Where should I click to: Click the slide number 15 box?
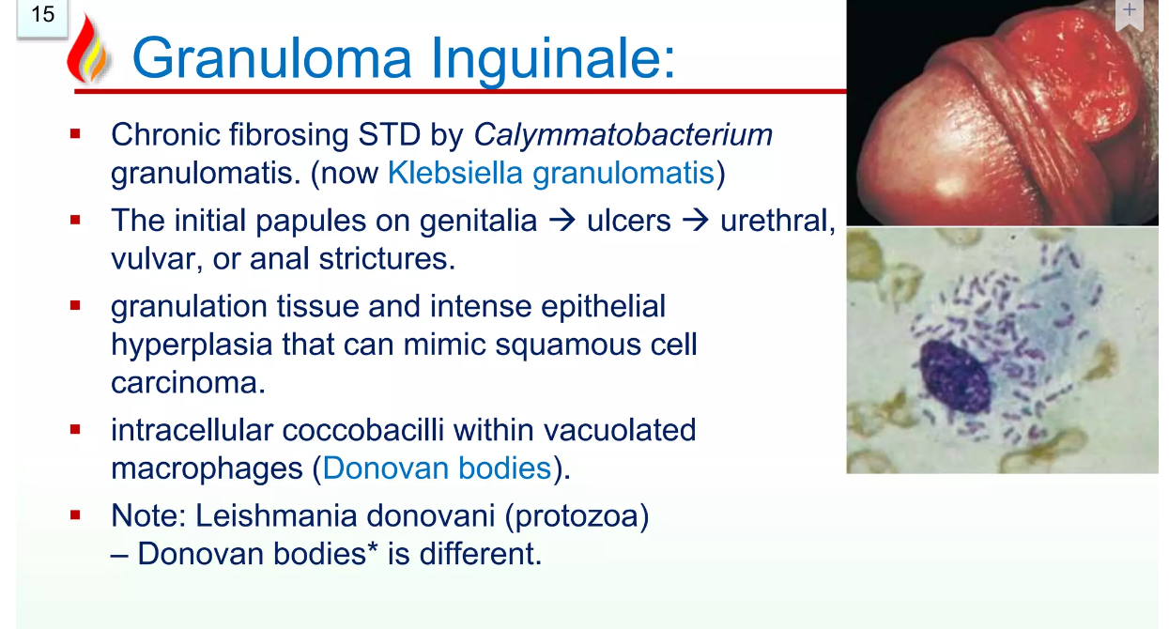(x=42, y=18)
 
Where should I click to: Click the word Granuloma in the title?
(x=272, y=58)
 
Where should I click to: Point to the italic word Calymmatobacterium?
(x=623, y=134)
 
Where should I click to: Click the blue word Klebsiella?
(x=455, y=172)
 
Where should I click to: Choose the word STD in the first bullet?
(x=390, y=134)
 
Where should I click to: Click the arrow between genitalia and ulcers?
(x=562, y=221)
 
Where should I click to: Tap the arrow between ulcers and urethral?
(x=696, y=221)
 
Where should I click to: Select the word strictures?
(x=387, y=258)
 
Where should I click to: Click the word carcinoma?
(x=188, y=383)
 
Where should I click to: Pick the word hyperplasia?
(x=192, y=345)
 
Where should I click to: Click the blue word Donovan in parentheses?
(x=385, y=468)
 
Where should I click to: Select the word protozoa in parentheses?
(x=577, y=515)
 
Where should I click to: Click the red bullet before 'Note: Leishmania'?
(x=75, y=515)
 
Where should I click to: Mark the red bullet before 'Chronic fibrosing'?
(x=75, y=134)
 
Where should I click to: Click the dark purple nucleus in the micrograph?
(x=955, y=376)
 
